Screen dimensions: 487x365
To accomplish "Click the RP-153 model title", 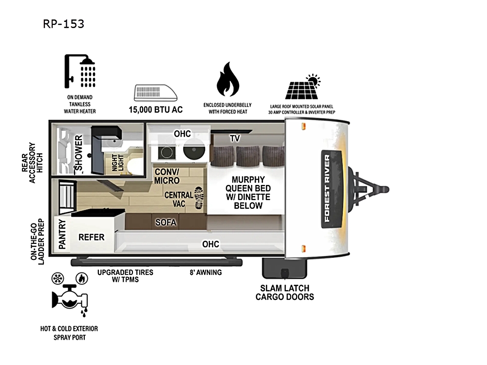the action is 64,24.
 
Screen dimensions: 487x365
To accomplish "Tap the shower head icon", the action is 80,72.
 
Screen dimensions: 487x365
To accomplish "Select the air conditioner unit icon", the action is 156,93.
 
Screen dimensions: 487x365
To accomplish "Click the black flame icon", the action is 227,79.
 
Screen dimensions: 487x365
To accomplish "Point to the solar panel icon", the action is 303,87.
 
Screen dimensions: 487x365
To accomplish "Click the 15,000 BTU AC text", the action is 156,109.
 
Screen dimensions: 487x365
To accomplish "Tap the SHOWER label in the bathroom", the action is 78,152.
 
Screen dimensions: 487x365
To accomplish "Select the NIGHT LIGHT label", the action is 118,163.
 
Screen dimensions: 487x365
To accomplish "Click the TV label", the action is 235,138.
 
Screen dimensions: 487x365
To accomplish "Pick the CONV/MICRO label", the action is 167,176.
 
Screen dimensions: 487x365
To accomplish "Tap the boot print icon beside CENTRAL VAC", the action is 199,198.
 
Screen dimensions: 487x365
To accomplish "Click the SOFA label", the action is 166,222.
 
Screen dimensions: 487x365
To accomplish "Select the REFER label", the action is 92,237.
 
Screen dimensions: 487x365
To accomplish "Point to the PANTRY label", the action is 62,234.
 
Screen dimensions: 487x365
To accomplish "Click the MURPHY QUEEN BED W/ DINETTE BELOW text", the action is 248,192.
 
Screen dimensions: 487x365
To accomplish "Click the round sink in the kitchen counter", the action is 194,150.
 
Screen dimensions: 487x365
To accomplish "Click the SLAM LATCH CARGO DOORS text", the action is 285,292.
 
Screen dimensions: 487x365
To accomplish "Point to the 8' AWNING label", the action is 206,273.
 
